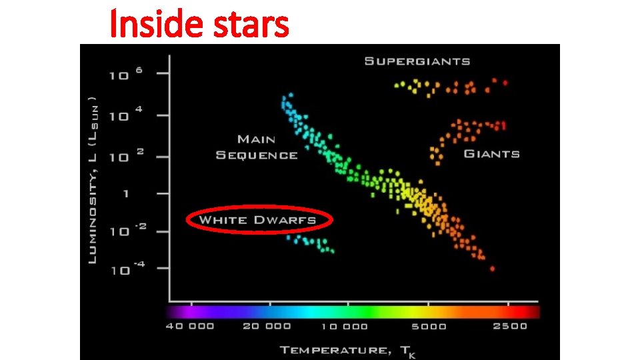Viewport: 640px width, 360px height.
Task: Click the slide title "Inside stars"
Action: point(199,24)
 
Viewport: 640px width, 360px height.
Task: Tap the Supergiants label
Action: point(417,61)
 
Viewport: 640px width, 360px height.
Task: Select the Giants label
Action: point(491,154)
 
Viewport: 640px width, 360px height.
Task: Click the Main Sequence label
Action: point(257,147)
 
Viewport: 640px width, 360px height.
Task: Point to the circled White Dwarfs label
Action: point(257,220)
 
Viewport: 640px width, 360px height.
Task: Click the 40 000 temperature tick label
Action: point(190,327)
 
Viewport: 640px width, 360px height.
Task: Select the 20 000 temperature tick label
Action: point(267,327)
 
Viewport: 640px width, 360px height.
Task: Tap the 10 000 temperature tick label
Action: point(344,327)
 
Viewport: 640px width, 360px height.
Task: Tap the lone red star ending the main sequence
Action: point(492,269)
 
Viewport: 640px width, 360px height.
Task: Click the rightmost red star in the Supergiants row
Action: point(505,83)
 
